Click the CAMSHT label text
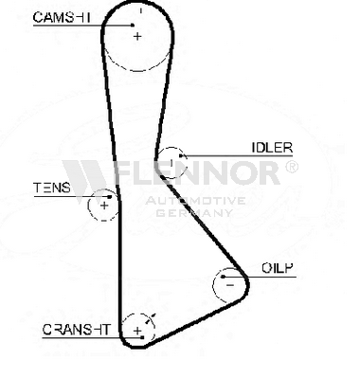[x=62, y=17]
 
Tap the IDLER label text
[x=272, y=148]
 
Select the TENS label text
[x=52, y=188]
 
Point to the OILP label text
[x=278, y=268]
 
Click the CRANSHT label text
[x=76, y=330]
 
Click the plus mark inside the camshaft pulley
[x=137, y=36]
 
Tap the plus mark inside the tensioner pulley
[x=104, y=206]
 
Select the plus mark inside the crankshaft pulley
[x=137, y=331]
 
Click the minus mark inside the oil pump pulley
[x=230, y=285]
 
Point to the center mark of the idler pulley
[x=171, y=163]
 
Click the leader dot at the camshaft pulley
[x=133, y=26]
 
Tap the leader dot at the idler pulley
[x=181, y=155]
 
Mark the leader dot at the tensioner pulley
[x=110, y=197]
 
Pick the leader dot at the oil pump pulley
[x=223, y=277]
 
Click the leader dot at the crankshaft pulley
[x=142, y=337]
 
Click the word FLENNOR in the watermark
[x=197, y=172]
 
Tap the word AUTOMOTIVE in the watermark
[x=195, y=201]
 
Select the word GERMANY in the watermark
[x=194, y=212]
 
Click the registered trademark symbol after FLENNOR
[x=291, y=167]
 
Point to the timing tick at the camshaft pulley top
[x=141, y=11]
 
